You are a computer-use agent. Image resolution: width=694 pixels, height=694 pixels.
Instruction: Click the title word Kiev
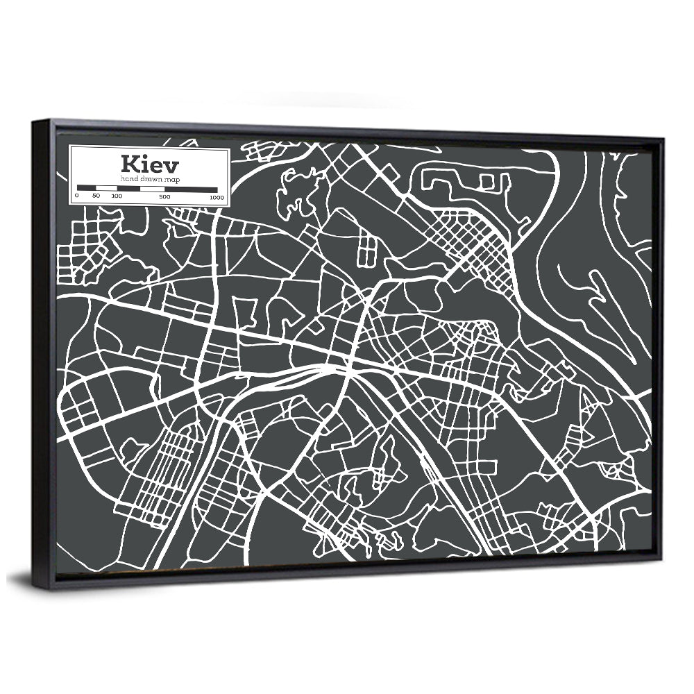tap(149, 165)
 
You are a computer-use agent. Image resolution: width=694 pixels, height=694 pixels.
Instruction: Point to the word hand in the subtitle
tap(128, 179)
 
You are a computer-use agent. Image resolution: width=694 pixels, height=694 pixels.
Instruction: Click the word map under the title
tap(169, 179)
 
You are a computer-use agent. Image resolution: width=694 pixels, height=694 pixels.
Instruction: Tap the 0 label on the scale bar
tap(77, 197)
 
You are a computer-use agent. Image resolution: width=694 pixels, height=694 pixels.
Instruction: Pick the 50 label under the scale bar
tap(96, 197)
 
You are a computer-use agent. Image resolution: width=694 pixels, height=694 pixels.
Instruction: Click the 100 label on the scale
tap(116, 197)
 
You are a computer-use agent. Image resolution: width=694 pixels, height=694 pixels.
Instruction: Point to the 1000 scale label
tap(216, 198)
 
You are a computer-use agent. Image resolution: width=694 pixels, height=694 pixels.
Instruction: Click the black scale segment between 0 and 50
tap(86, 188)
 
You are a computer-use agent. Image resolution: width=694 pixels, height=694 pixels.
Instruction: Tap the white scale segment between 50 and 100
tap(105, 188)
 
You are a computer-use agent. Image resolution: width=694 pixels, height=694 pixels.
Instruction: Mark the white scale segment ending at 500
tap(153, 189)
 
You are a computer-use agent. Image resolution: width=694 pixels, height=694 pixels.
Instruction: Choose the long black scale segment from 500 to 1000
tap(191, 189)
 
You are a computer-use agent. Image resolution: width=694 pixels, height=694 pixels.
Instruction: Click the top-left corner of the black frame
tap(33, 123)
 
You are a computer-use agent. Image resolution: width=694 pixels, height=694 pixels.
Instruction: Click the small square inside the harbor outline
tap(486, 183)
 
